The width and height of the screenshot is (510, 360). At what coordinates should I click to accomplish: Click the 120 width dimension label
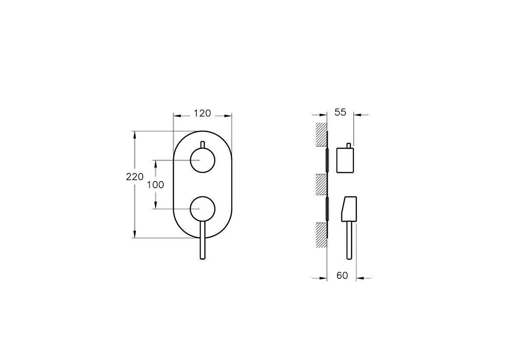point(202,113)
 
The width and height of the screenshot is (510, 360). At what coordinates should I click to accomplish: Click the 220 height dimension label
point(135,177)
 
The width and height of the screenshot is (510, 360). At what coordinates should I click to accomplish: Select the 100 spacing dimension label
point(155,185)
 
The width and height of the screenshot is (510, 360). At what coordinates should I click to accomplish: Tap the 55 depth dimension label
point(340,113)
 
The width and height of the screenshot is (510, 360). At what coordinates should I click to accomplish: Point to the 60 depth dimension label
point(342,276)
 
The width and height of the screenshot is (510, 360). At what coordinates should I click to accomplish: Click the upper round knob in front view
point(202,160)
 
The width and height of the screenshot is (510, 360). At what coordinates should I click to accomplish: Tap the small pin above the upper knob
point(203,145)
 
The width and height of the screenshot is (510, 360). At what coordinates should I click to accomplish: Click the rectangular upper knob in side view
point(346,160)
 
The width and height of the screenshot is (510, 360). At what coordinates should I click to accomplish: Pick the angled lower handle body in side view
point(348,209)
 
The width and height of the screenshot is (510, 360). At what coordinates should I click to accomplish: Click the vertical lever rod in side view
point(349,240)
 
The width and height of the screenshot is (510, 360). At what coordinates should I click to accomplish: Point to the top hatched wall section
point(320,135)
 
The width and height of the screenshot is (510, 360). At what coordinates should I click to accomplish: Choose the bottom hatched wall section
point(320,235)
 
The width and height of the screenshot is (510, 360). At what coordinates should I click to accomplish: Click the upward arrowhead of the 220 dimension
point(135,135)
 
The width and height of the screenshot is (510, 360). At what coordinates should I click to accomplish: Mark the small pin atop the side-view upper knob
point(349,145)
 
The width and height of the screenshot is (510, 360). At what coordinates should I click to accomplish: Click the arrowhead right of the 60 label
point(359,278)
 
